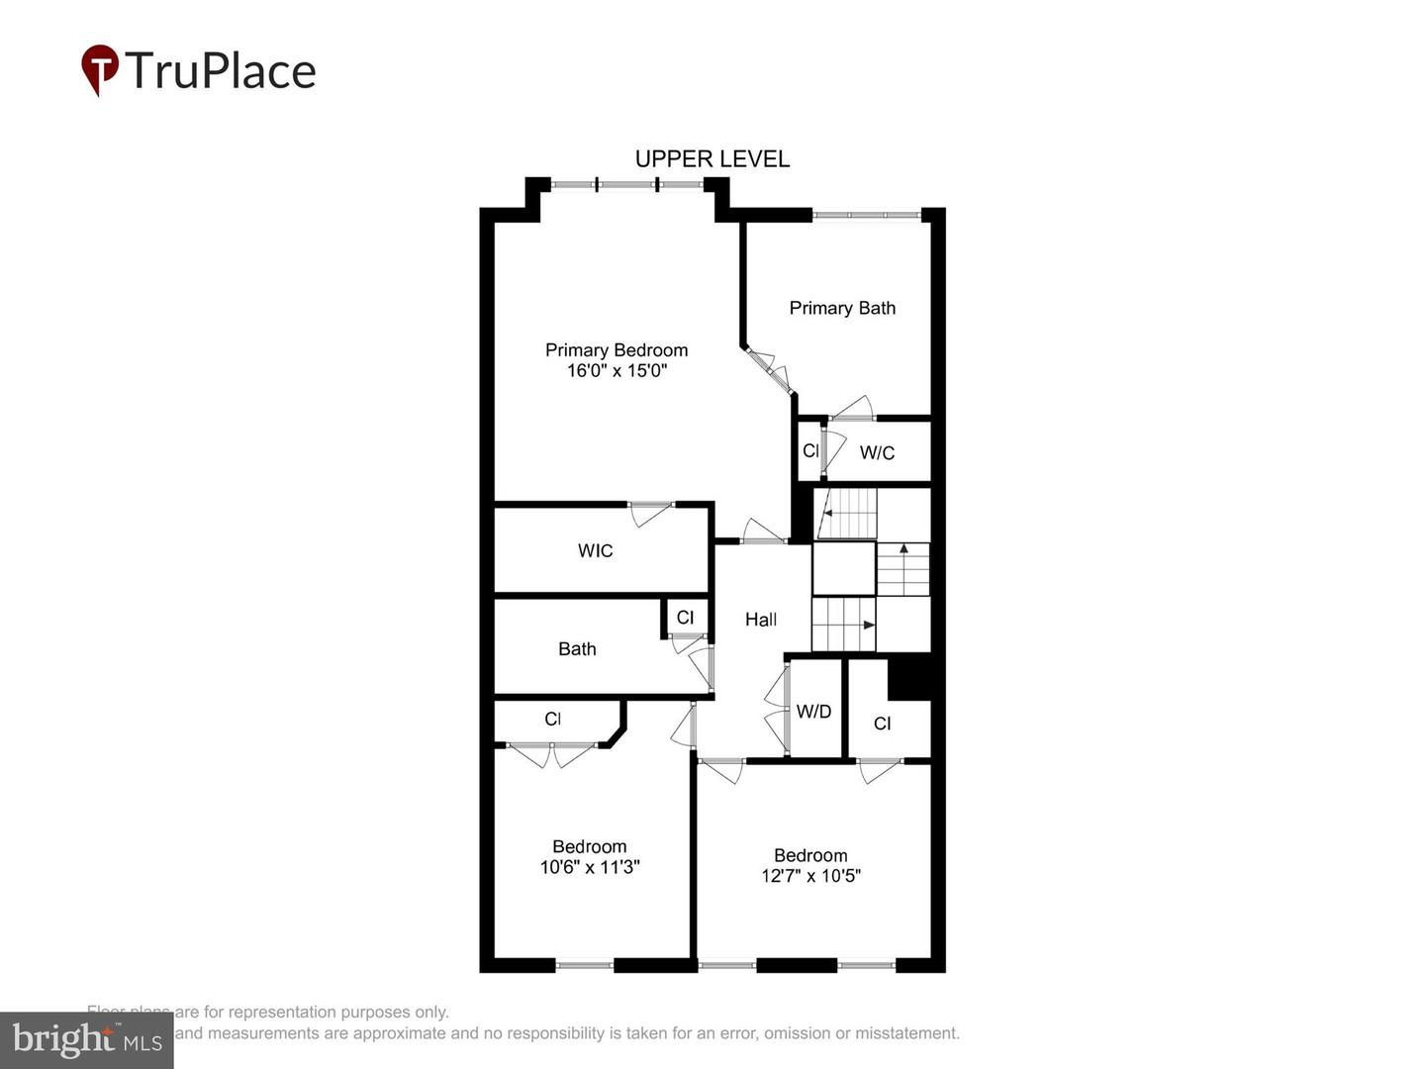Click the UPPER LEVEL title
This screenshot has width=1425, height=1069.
pos(712,159)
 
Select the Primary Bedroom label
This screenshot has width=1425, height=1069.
pos(616,350)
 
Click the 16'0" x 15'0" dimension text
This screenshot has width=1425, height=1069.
pos(617,371)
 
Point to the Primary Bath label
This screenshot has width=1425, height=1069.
pos(842,308)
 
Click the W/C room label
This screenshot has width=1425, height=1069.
pos(877,453)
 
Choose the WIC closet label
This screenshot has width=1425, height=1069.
pos(595,551)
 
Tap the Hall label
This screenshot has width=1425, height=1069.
pos(760,620)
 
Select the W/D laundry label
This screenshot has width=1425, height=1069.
pos(813,712)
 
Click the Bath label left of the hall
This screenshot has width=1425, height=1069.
pos(577,649)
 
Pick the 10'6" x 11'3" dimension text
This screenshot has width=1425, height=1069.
pos(590,867)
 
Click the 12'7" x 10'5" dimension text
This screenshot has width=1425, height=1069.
pos(810,876)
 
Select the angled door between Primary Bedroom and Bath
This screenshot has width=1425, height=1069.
pos(769,369)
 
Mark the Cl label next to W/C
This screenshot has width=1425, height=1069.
pos(810,451)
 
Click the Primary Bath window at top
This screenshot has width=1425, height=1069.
pos(867,214)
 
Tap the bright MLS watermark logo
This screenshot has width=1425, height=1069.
pos(87,1039)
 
